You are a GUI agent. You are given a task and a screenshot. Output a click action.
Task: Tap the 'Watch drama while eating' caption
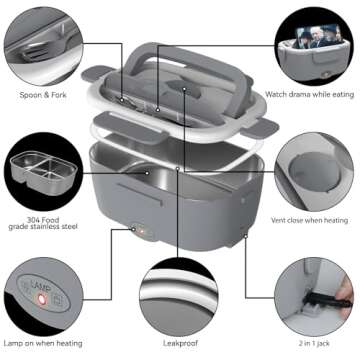click(309, 95)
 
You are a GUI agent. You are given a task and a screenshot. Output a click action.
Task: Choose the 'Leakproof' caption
click(178, 343)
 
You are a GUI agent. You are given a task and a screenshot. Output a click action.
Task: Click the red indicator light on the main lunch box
click(140, 228)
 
